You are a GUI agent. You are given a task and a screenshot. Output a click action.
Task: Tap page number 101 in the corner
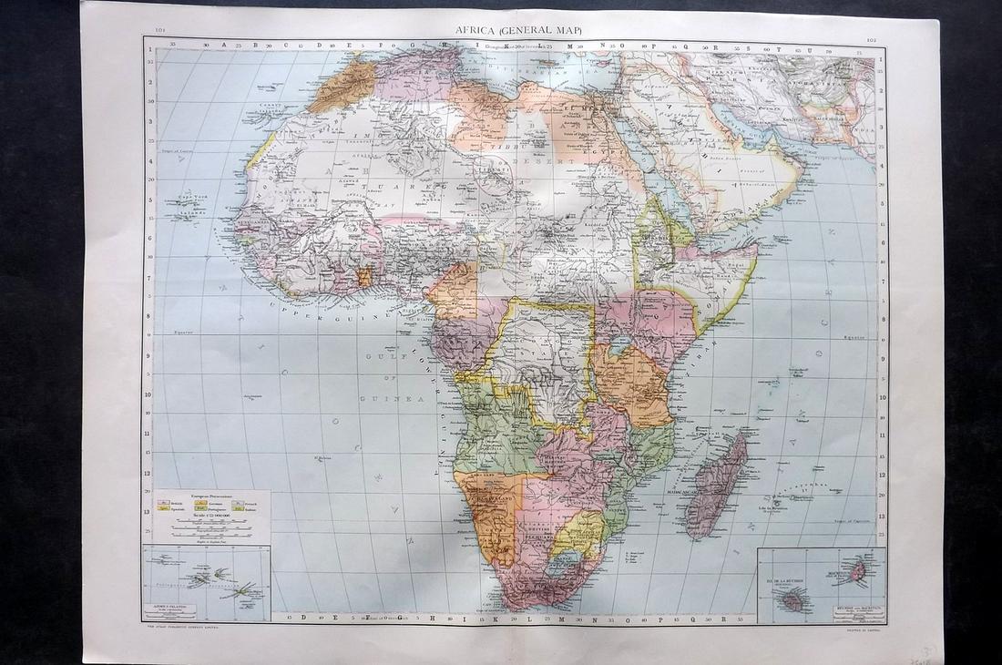tap(160, 29)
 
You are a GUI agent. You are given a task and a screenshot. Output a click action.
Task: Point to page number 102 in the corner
tap(872, 40)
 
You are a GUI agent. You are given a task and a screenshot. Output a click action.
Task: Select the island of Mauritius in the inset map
tap(853, 571)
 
